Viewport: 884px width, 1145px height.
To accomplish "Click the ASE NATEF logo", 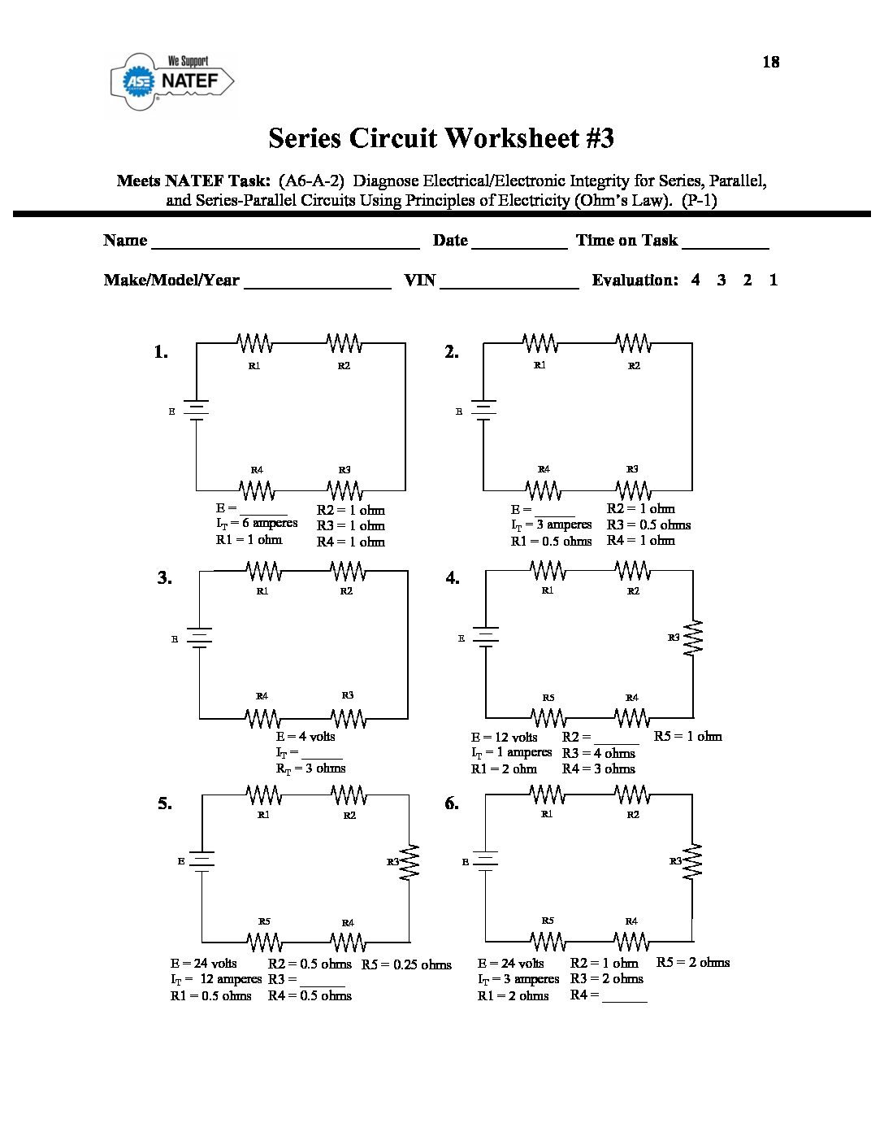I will tap(172, 81).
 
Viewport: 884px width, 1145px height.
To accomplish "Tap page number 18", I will tap(770, 62).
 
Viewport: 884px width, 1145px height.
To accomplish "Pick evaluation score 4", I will tap(695, 280).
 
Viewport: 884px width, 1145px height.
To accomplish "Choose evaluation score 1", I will tap(773, 280).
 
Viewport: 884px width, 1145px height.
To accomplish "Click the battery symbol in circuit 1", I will tap(197, 411).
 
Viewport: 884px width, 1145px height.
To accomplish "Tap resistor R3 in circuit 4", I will tap(693, 638).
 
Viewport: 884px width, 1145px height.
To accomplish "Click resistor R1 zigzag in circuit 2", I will tap(540, 343).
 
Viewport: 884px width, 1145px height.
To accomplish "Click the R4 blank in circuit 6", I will tap(625, 998).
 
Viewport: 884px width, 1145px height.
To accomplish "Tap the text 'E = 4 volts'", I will tap(305, 737).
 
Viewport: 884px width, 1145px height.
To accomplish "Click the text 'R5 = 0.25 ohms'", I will tap(406, 964).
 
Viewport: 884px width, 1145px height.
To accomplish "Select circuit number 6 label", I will tap(452, 803).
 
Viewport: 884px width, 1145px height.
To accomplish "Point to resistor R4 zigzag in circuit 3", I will tap(262, 718).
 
